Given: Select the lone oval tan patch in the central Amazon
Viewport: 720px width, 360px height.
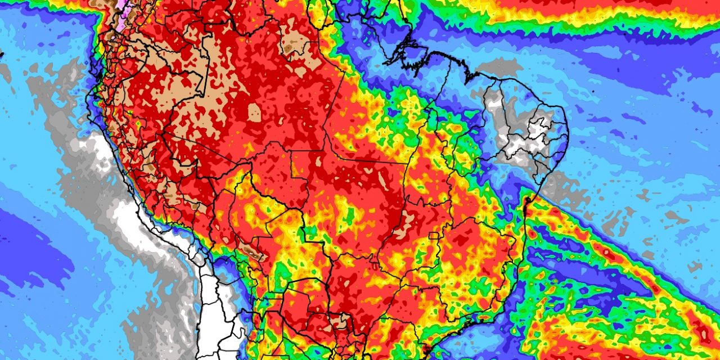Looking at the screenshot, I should [x=254, y=112].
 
